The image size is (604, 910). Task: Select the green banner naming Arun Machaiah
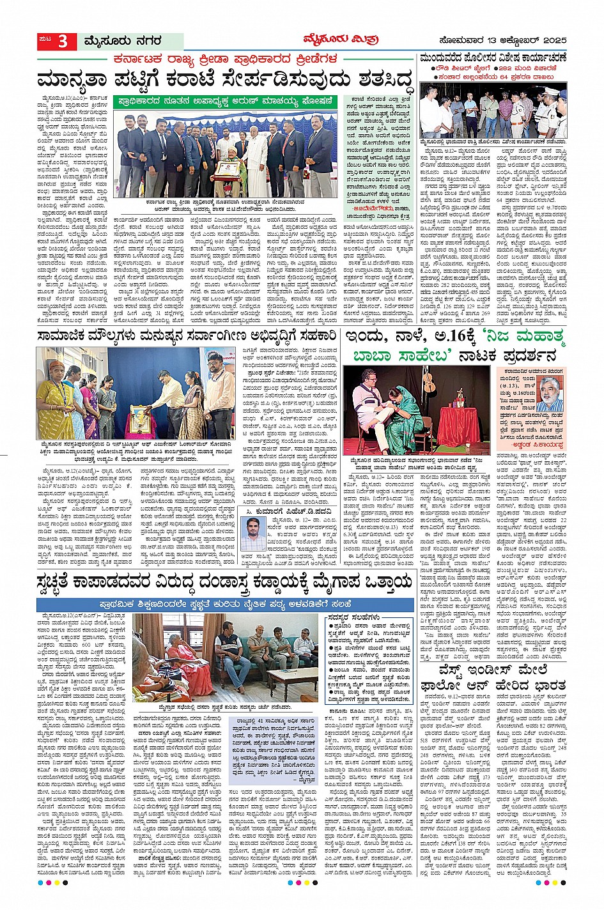[224, 101]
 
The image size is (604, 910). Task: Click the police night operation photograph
[493, 109]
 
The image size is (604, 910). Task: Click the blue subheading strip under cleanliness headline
[224, 604]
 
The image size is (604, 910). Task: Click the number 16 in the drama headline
[449, 337]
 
